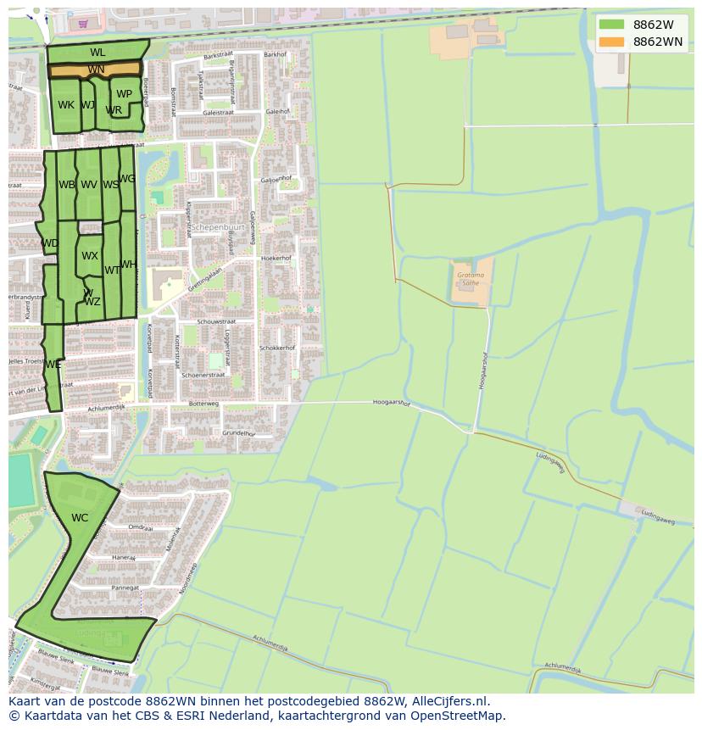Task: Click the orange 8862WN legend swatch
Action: point(610,42)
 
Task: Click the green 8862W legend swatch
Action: point(610,24)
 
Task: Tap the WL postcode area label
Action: point(97,53)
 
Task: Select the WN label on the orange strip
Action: point(96,70)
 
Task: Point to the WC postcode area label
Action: point(80,518)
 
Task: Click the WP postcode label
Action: point(125,94)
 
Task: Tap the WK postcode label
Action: point(66,105)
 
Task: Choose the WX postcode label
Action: point(90,255)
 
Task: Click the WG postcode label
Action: point(127,179)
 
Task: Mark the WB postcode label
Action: point(67,185)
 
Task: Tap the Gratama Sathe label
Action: point(470,279)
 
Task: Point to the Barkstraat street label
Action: point(217,57)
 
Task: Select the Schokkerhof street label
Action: point(277,348)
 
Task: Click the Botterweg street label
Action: point(203,404)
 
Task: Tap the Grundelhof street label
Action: point(239,433)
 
